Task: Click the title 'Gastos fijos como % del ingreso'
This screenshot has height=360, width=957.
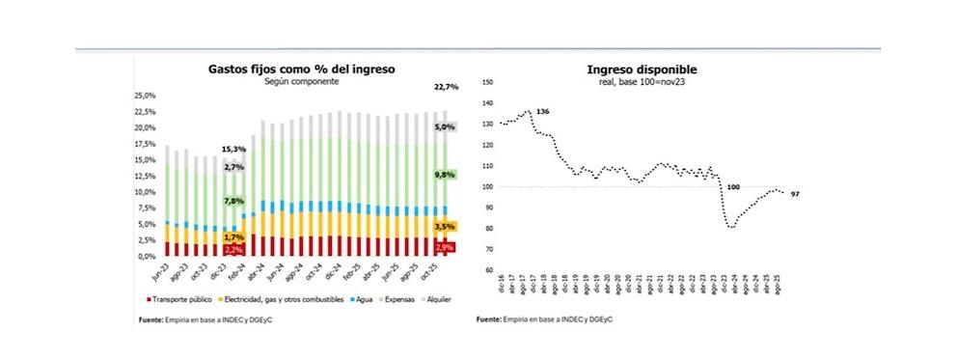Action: pyautogui.click(x=302, y=69)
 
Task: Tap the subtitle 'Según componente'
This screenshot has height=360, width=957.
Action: pyautogui.click(x=302, y=83)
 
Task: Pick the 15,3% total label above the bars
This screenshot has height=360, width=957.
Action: pyautogui.click(x=233, y=149)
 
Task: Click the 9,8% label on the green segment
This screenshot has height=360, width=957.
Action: pyautogui.click(x=446, y=175)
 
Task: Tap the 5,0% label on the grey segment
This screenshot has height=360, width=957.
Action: pyautogui.click(x=446, y=126)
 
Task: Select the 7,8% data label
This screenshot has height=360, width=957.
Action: pyautogui.click(x=233, y=201)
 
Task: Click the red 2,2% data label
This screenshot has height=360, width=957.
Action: pyautogui.click(x=233, y=249)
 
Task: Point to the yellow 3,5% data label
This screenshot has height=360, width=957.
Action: pyautogui.click(x=446, y=226)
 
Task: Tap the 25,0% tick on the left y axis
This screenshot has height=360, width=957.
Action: pyautogui.click(x=144, y=96)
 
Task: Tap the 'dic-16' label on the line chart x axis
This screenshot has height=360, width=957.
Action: pyautogui.click(x=499, y=286)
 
